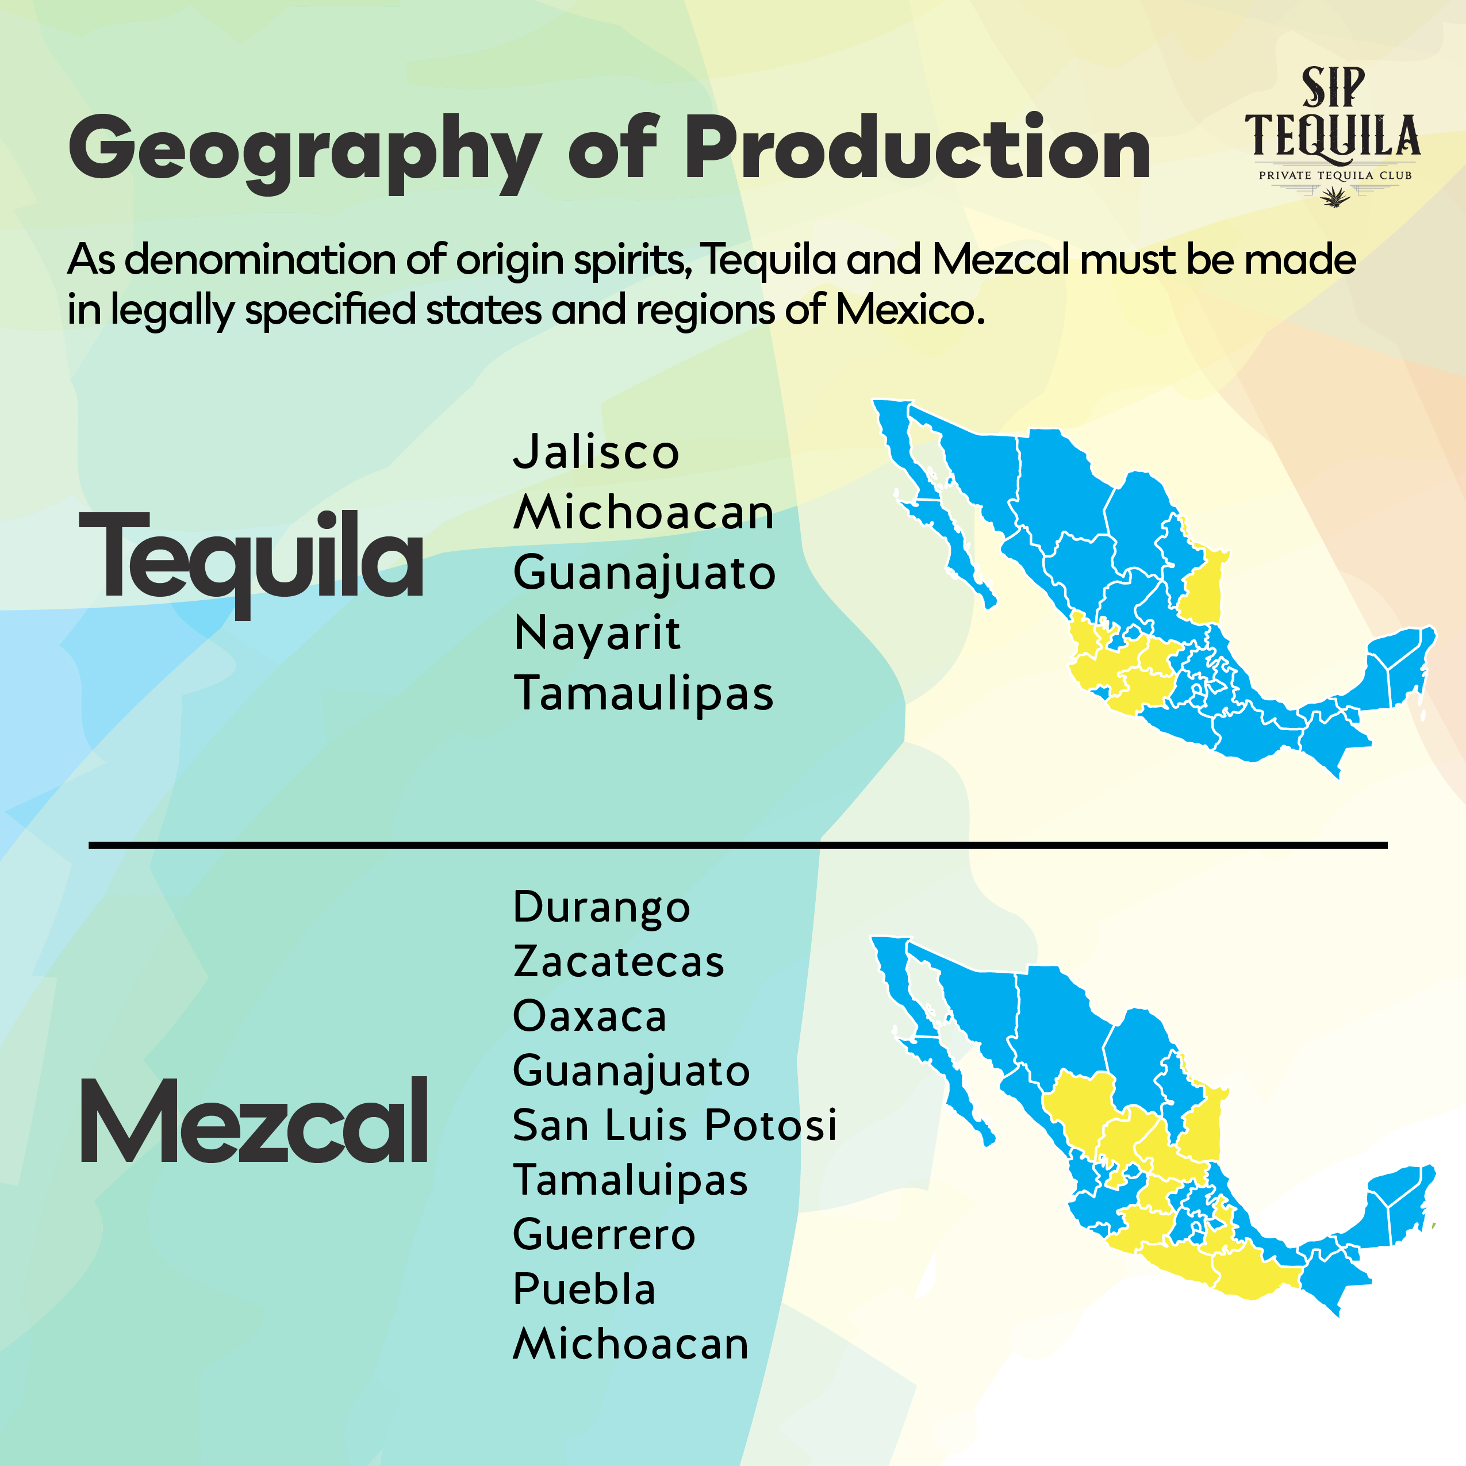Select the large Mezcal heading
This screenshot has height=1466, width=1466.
pyautogui.click(x=254, y=1122)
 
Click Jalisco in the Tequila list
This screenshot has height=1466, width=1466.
pyautogui.click(x=596, y=452)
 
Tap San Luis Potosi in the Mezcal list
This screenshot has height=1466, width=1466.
pyautogui.click(x=674, y=1125)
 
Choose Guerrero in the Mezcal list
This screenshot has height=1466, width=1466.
pyautogui.click(x=604, y=1234)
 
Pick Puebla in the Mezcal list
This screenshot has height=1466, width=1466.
pyautogui.click(x=584, y=1289)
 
